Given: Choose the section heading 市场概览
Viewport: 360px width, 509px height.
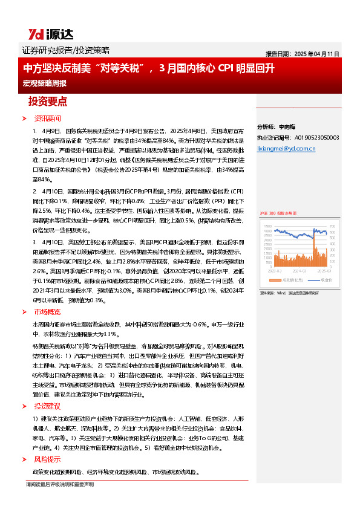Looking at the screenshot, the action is click(x=47, y=313).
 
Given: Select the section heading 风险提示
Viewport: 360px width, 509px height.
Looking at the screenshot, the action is click(x=47, y=459).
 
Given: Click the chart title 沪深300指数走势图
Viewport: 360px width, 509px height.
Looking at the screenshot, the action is click(x=279, y=213).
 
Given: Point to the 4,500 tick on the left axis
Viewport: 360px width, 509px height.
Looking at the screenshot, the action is click(x=268, y=227).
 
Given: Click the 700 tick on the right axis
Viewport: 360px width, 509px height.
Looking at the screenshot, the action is click(x=335, y=227).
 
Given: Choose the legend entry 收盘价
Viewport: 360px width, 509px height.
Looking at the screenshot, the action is click(x=326, y=280).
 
